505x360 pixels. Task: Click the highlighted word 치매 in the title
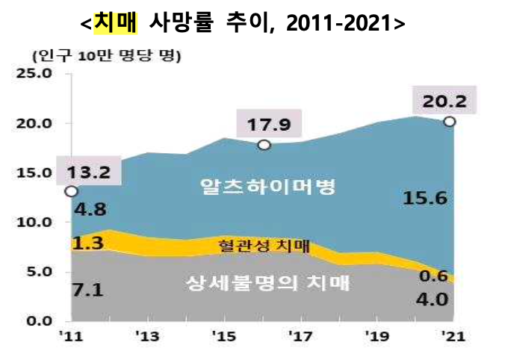click(x=116, y=22)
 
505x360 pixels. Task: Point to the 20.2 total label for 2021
click(x=444, y=100)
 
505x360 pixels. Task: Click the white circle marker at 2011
click(x=70, y=191)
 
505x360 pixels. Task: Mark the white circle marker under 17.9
click(x=264, y=145)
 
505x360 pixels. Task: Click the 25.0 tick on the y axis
click(x=35, y=74)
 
